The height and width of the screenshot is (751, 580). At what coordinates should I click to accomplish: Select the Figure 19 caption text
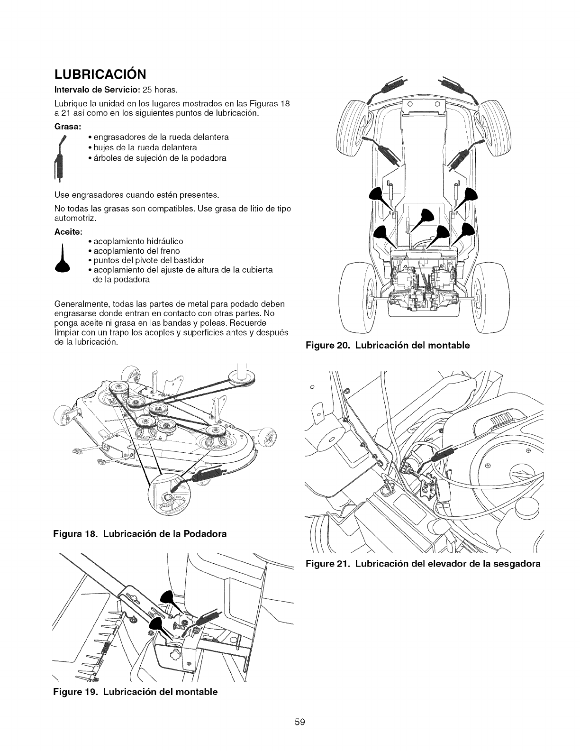[x=136, y=692]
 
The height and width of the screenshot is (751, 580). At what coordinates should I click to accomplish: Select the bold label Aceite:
[x=70, y=232]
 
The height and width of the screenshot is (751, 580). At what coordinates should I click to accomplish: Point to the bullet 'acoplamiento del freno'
[x=134, y=251]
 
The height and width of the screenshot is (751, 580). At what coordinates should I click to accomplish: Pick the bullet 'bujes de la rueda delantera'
[x=143, y=147]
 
